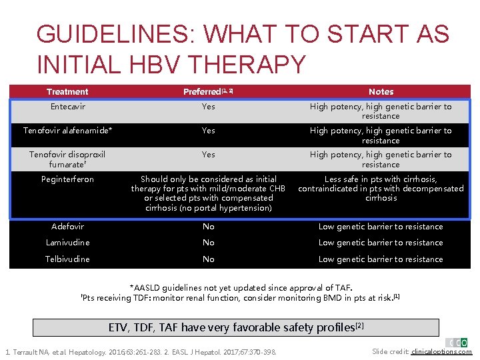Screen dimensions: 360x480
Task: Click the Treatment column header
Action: (x=67, y=92)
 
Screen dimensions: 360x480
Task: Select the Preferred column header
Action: (x=208, y=92)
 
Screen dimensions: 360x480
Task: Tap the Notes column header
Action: (x=381, y=92)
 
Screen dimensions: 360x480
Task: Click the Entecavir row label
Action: (x=67, y=107)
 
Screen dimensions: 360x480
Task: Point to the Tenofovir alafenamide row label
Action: (x=67, y=131)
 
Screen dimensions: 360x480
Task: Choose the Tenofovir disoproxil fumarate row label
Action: (x=67, y=159)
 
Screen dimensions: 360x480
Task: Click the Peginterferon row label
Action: (x=67, y=179)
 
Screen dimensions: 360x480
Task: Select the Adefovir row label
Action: (x=67, y=227)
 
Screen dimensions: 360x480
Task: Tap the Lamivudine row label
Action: (x=67, y=243)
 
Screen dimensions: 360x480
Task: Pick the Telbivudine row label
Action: (x=67, y=259)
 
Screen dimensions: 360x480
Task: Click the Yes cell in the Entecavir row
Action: (x=208, y=107)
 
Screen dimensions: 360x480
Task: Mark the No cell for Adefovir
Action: (x=208, y=227)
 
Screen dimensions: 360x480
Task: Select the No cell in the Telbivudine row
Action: (x=208, y=259)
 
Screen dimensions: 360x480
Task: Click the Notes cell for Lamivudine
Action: (x=381, y=243)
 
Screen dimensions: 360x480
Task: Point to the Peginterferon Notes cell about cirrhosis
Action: (x=381, y=189)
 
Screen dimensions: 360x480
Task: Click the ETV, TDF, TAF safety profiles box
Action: (x=237, y=327)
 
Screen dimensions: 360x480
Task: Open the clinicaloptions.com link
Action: (x=441, y=351)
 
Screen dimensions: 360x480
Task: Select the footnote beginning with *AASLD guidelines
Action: (x=241, y=288)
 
